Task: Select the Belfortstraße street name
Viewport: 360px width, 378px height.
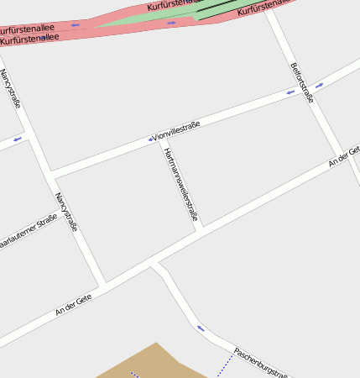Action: (301, 81)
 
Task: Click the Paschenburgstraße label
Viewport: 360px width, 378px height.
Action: (262, 363)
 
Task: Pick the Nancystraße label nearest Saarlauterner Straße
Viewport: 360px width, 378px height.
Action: (66, 212)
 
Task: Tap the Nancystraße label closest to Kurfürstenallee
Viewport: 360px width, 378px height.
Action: (10, 88)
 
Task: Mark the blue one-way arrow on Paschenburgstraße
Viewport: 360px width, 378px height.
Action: (201, 328)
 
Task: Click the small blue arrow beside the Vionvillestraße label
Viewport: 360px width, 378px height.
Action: (151, 139)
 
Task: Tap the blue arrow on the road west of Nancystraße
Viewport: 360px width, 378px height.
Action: (18, 139)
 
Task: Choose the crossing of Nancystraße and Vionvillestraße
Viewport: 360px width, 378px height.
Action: (50, 175)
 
